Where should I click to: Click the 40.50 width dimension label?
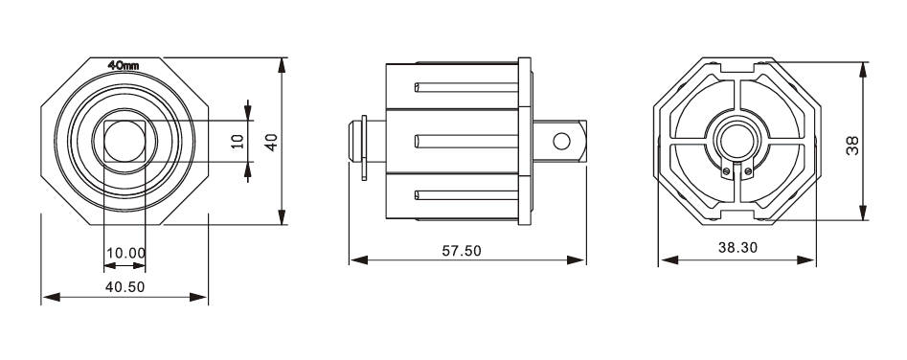(125, 286)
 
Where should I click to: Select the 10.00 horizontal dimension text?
(125, 253)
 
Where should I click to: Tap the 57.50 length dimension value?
(462, 251)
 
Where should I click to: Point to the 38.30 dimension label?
(737, 247)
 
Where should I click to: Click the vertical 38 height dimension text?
(852, 145)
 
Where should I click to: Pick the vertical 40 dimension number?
(271, 142)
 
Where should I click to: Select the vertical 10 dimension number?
(238, 141)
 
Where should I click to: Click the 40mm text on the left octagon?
(124, 65)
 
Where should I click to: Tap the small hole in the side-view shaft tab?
(561, 141)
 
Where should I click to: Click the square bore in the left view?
(125, 141)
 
